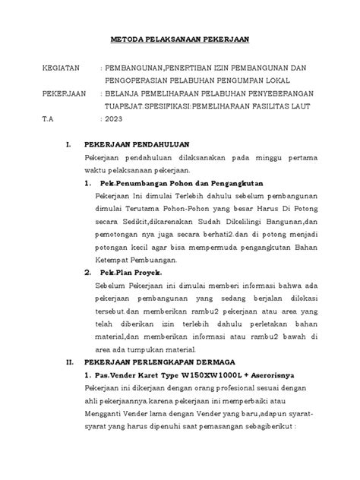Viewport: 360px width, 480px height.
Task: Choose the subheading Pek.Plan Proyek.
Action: [x=130, y=270]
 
